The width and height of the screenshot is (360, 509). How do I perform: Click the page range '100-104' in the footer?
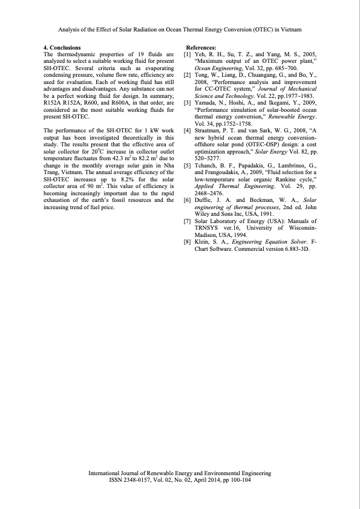[239, 479]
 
